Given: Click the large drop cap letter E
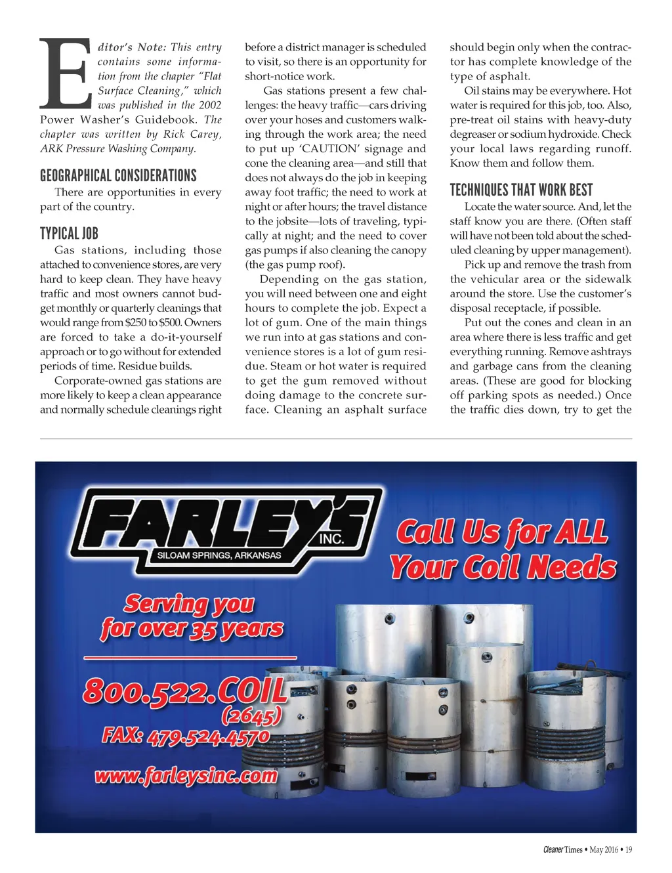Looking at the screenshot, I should pos(65,74).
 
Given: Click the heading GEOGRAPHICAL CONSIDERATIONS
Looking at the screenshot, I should pos(118,175).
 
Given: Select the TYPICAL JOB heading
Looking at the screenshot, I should pos(69,233).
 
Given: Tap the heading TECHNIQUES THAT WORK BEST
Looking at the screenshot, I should pos(521,190).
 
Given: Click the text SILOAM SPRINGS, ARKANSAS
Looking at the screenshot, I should pos(219,555).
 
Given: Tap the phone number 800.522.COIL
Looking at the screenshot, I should pos(185,691).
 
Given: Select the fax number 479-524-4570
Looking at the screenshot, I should pos(208,737).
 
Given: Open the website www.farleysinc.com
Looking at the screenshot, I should pos(186,776).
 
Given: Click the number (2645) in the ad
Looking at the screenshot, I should pos(252,715).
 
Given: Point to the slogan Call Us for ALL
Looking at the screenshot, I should pos(502,532).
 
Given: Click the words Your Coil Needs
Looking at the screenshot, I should pos(503,567).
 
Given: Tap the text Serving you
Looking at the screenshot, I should pos(189,603).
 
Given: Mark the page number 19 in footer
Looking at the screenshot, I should pos(628,849).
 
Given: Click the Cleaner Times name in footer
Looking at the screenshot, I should pos(562,849).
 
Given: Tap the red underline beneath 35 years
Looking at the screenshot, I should pos(190,657).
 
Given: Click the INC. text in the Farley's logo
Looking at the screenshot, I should pos(331,538).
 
